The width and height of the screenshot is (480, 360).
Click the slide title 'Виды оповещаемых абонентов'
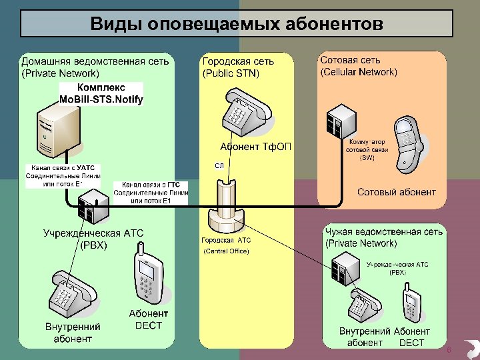pos(237,25)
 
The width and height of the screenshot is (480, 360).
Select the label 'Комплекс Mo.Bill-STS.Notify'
pos(101,93)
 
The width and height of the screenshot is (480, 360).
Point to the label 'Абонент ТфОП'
pos(255,146)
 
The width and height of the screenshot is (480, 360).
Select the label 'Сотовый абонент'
pos(397,192)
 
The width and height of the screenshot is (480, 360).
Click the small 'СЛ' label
pos(219,165)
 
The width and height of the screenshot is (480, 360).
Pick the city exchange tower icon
pos(226,207)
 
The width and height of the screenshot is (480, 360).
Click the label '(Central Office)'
pos(226,251)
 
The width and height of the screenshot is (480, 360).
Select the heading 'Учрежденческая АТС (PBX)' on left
pos(93,239)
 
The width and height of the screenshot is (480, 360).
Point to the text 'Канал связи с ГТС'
pos(151,185)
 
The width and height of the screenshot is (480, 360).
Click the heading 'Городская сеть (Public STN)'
pos(237,67)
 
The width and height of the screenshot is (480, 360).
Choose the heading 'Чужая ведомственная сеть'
pos(383,231)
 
